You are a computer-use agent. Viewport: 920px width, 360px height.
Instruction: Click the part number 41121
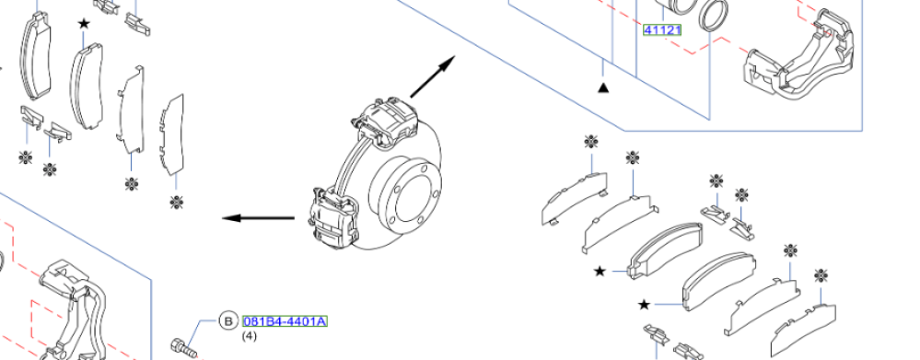[662, 29]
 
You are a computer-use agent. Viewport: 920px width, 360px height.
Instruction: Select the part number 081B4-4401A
[285, 321]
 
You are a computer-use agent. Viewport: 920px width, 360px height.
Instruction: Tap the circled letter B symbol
[227, 320]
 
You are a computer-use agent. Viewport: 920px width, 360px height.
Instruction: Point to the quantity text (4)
[250, 337]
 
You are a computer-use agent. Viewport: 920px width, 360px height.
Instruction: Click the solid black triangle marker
[603, 87]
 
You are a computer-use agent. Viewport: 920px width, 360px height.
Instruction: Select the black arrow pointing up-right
[433, 76]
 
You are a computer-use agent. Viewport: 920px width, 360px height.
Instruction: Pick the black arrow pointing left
[258, 218]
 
